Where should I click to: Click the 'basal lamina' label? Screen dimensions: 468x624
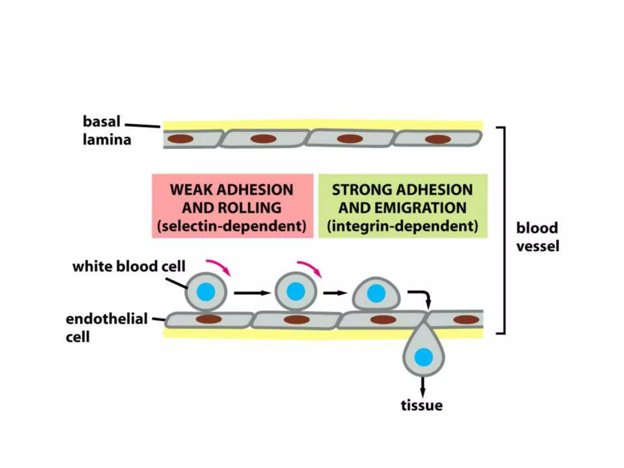(107, 130)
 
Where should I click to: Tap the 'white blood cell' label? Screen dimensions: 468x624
(129, 266)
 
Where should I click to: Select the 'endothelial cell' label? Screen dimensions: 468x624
(107, 328)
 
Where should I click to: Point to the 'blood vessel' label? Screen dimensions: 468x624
(537, 237)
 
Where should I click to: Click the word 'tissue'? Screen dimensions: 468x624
(422, 406)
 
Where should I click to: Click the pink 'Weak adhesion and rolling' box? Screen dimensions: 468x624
(232, 206)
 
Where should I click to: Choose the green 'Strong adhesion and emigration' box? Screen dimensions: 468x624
(403, 206)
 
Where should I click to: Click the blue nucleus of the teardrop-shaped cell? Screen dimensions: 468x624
(424, 357)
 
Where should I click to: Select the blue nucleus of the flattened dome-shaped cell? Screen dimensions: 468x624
(376, 293)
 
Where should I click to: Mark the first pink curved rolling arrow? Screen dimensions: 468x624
(219, 267)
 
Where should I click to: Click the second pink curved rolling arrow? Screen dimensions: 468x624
(310, 268)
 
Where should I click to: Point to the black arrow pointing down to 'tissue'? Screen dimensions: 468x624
(422, 387)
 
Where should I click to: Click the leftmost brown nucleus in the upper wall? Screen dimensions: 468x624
(181, 139)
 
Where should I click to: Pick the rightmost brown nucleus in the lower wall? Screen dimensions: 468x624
(466, 320)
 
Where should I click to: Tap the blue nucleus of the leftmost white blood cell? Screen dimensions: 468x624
(206, 292)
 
